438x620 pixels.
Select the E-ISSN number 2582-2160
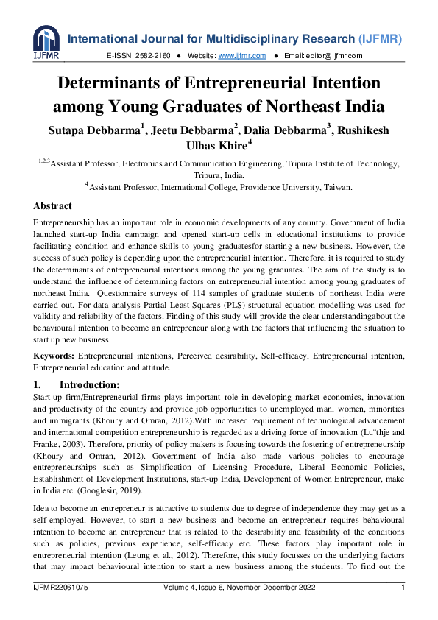point(155,55)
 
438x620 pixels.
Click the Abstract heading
point(52,206)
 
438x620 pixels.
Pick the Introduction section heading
point(88,384)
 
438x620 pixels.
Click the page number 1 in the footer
point(403,608)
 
